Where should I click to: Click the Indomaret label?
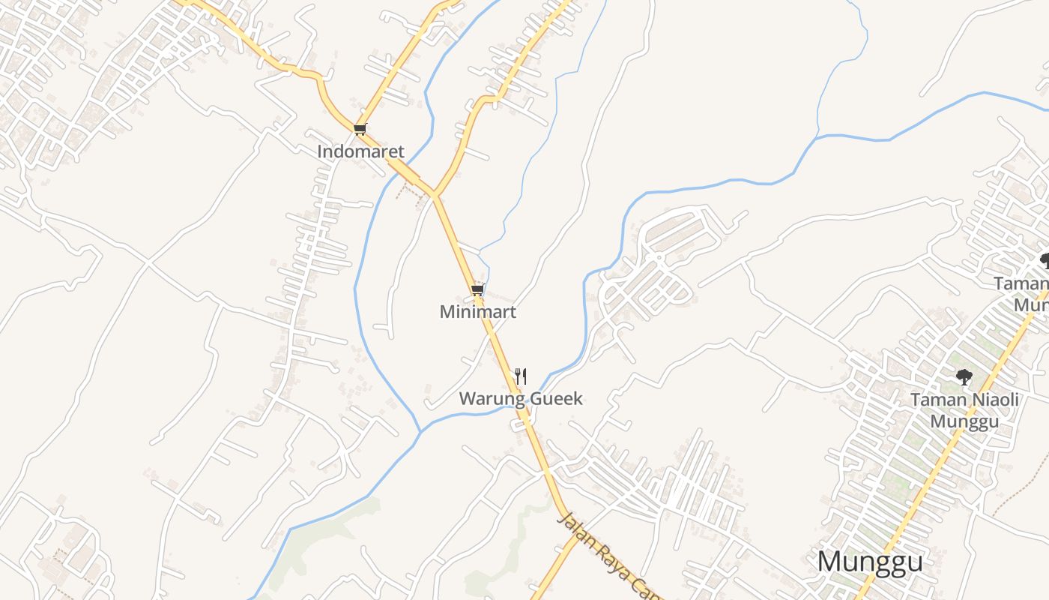point(360,151)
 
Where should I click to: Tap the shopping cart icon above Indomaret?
point(360,129)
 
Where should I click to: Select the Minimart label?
point(478,312)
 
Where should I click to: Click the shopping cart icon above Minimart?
point(477,289)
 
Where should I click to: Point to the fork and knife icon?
point(521,376)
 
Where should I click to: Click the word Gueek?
point(556,399)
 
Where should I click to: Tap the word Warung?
point(492,399)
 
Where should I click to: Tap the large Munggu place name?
point(870,561)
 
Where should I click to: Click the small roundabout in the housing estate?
point(658,257)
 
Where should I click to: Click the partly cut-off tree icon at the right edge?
point(1045,260)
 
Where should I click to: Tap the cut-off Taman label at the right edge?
point(1021,283)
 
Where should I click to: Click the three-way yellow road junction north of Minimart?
point(434,195)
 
